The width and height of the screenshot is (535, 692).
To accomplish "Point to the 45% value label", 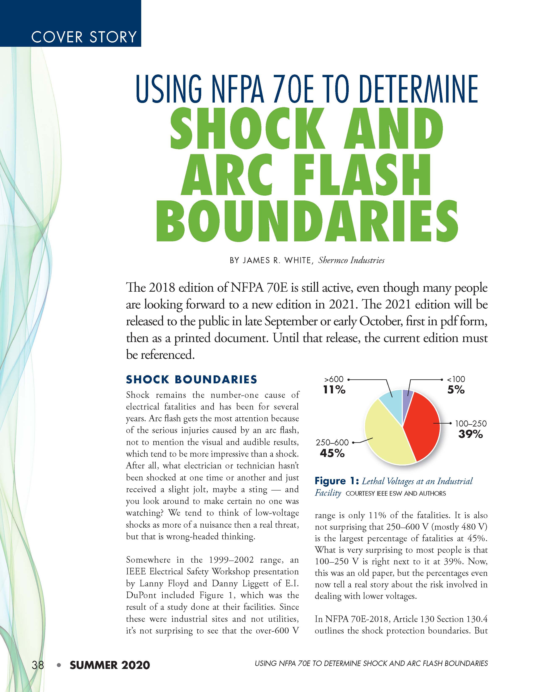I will pyautogui.click(x=332, y=453).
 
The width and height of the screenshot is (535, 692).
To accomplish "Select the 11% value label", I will pyautogui.click(x=334, y=390).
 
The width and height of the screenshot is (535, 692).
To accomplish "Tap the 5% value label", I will pyautogui.click(x=456, y=390).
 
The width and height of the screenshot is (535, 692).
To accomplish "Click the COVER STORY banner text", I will pyautogui.click(x=84, y=37).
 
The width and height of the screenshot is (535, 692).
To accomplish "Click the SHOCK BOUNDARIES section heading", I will pyautogui.click(x=191, y=379).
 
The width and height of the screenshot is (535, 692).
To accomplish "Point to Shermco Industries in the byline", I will pyautogui.click(x=351, y=260).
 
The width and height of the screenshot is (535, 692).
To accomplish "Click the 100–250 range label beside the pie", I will pyautogui.click(x=471, y=424).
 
